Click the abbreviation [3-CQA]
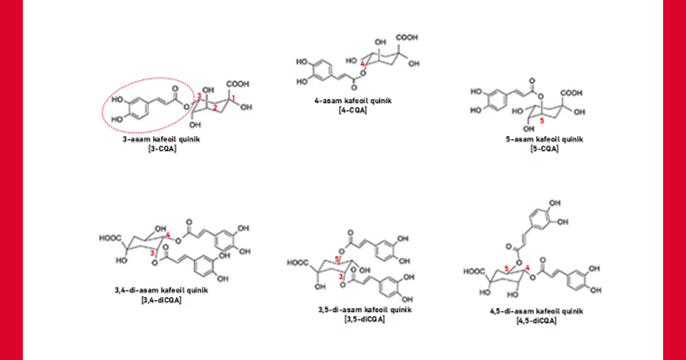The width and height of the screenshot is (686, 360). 162,149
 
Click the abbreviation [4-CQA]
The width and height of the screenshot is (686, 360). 353,110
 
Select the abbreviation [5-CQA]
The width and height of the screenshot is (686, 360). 544,149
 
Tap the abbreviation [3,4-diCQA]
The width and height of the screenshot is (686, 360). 161,300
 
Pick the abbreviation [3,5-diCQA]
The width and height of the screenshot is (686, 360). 365,319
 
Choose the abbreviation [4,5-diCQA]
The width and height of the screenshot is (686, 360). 536,321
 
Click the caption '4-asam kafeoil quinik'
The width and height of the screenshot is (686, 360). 353,101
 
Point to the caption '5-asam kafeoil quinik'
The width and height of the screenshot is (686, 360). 544,139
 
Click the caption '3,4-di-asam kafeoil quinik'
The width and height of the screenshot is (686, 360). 161,290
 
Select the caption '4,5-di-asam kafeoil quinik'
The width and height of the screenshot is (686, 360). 537,311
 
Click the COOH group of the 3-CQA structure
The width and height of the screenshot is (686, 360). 238,84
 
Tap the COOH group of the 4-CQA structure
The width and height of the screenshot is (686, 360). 407,37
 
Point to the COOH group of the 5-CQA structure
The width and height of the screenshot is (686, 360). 572,93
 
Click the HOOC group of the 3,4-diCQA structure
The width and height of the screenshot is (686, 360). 110,238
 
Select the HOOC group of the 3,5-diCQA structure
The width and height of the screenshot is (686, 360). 298,263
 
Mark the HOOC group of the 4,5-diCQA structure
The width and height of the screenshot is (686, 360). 474,271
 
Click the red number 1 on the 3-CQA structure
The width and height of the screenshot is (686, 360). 233,98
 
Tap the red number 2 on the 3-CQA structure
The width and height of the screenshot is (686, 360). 215,107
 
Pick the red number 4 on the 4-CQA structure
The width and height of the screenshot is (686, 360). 362,63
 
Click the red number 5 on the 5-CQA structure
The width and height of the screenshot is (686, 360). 542,121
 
